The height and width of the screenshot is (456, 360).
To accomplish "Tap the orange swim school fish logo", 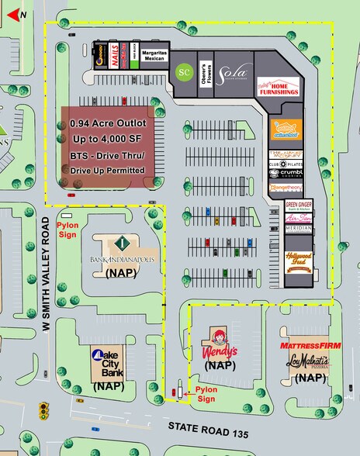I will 285,130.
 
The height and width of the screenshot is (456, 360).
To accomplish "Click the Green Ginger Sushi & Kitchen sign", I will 299,207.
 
